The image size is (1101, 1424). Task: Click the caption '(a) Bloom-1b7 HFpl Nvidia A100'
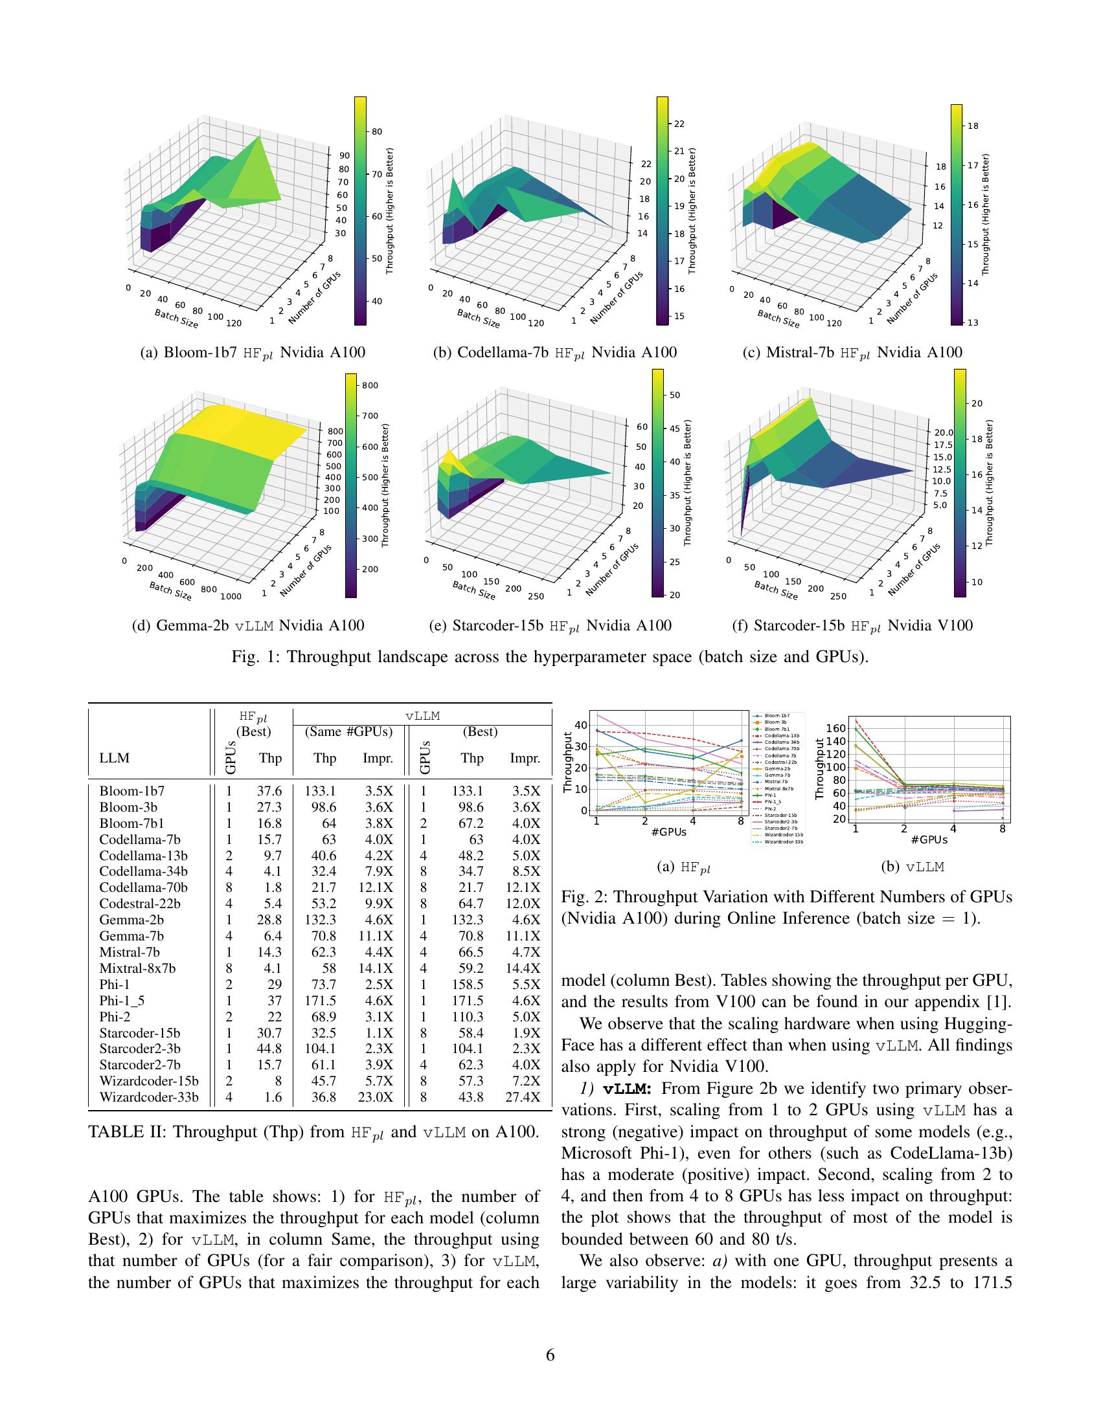(252, 353)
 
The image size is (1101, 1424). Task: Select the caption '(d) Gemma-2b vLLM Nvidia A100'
(248, 626)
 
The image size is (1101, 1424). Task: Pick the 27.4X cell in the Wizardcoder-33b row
(526, 1096)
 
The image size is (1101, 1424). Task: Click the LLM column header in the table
(114, 759)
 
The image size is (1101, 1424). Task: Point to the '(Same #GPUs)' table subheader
(349, 731)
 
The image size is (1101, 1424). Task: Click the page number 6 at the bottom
(550, 1355)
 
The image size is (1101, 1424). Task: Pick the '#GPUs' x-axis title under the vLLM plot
(929, 840)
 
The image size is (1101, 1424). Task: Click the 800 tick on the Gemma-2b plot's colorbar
(370, 385)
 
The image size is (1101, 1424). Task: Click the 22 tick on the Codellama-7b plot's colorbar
(679, 124)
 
